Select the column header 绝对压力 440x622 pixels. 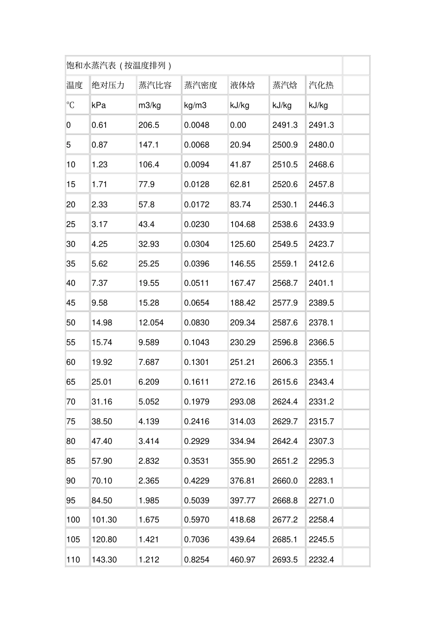[x=108, y=85]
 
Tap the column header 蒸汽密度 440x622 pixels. [x=201, y=85]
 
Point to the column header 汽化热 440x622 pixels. [x=321, y=85]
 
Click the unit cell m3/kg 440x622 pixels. [x=150, y=105]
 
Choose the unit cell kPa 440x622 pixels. [x=99, y=105]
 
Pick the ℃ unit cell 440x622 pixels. [x=70, y=105]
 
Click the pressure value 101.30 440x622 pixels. [x=104, y=520]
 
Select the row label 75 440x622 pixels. [x=70, y=421]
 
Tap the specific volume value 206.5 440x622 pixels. [x=149, y=125]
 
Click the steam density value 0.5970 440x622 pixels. [x=197, y=520]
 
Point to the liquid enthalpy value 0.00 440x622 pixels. [x=238, y=125]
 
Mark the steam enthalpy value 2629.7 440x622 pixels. [x=285, y=421]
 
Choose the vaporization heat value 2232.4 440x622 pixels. [x=321, y=560]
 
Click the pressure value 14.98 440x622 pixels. [x=102, y=322]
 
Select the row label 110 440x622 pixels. [x=73, y=560]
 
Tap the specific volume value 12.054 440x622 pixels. [x=151, y=322]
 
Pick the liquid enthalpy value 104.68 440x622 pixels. [x=243, y=224]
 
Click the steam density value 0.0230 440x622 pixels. [x=197, y=224]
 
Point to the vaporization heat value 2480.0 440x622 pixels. [x=321, y=145]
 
